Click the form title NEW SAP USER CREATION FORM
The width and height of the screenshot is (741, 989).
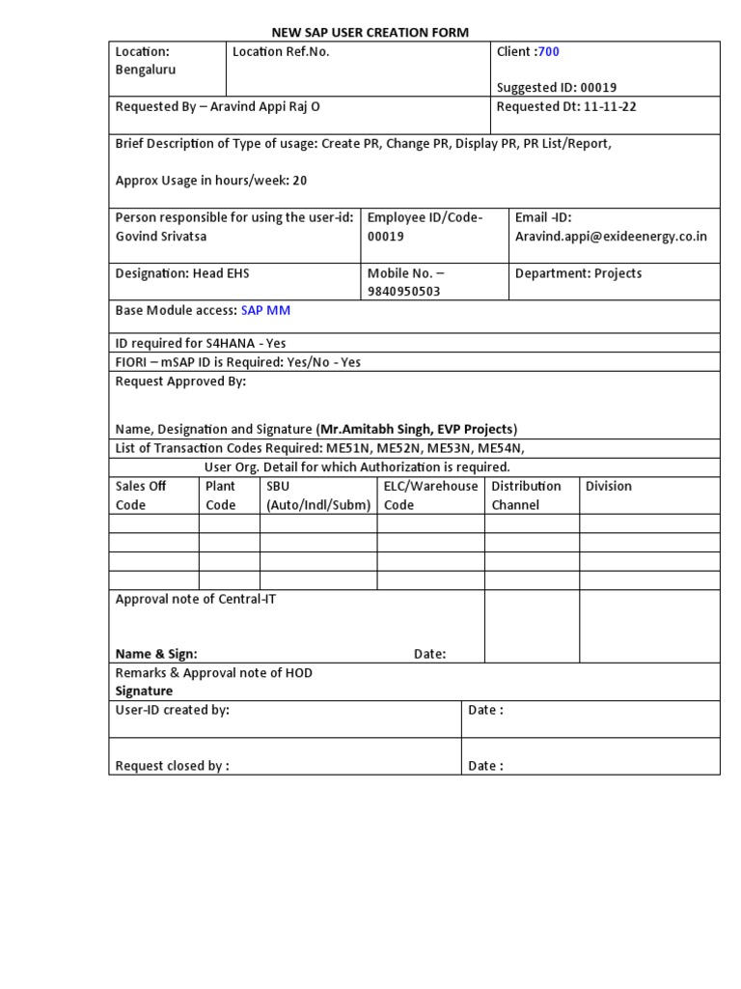(x=370, y=32)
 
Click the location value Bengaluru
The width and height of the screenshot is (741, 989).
(x=146, y=70)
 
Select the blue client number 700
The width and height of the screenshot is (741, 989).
(x=548, y=51)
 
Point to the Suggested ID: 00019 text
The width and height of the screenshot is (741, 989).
(x=556, y=88)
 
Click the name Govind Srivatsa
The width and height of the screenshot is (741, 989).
(x=161, y=237)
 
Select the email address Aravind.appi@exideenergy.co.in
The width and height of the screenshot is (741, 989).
(x=611, y=237)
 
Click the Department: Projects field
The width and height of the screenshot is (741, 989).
(x=578, y=273)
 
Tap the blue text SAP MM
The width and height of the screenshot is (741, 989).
(x=265, y=310)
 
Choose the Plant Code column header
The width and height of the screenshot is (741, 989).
(x=221, y=495)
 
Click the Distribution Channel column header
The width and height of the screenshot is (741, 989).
(x=526, y=495)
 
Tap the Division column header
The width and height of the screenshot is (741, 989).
(x=609, y=486)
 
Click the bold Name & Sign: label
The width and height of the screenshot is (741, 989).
(x=156, y=654)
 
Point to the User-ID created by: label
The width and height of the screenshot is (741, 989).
(x=172, y=710)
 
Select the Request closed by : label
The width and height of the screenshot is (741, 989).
(x=172, y=766)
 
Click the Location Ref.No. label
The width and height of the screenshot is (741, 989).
(x=281, y=51)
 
